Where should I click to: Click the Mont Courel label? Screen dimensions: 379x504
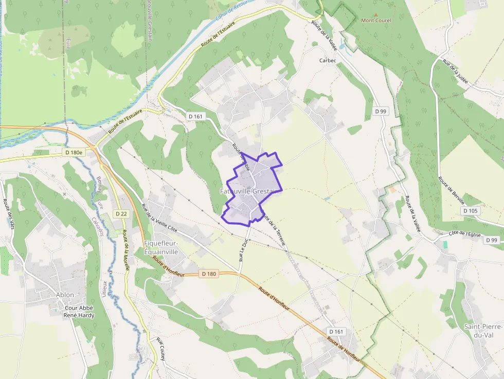tap(375, 21)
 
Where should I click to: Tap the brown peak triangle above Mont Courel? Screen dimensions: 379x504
tap(376, 14)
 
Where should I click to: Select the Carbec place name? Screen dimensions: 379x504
tap(328, 60)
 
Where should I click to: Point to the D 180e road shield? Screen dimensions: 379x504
tap(74, 153)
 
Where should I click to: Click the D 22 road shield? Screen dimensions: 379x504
tap(121, 213)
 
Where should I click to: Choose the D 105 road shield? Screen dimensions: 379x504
tap(470, 211)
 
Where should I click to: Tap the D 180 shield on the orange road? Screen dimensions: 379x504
tap(209, 274)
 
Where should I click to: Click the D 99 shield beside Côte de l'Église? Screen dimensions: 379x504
tap(491, 240)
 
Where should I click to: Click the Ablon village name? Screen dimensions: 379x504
tap(65, 295)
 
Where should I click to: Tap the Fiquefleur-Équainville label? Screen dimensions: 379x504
tap(168, 247)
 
